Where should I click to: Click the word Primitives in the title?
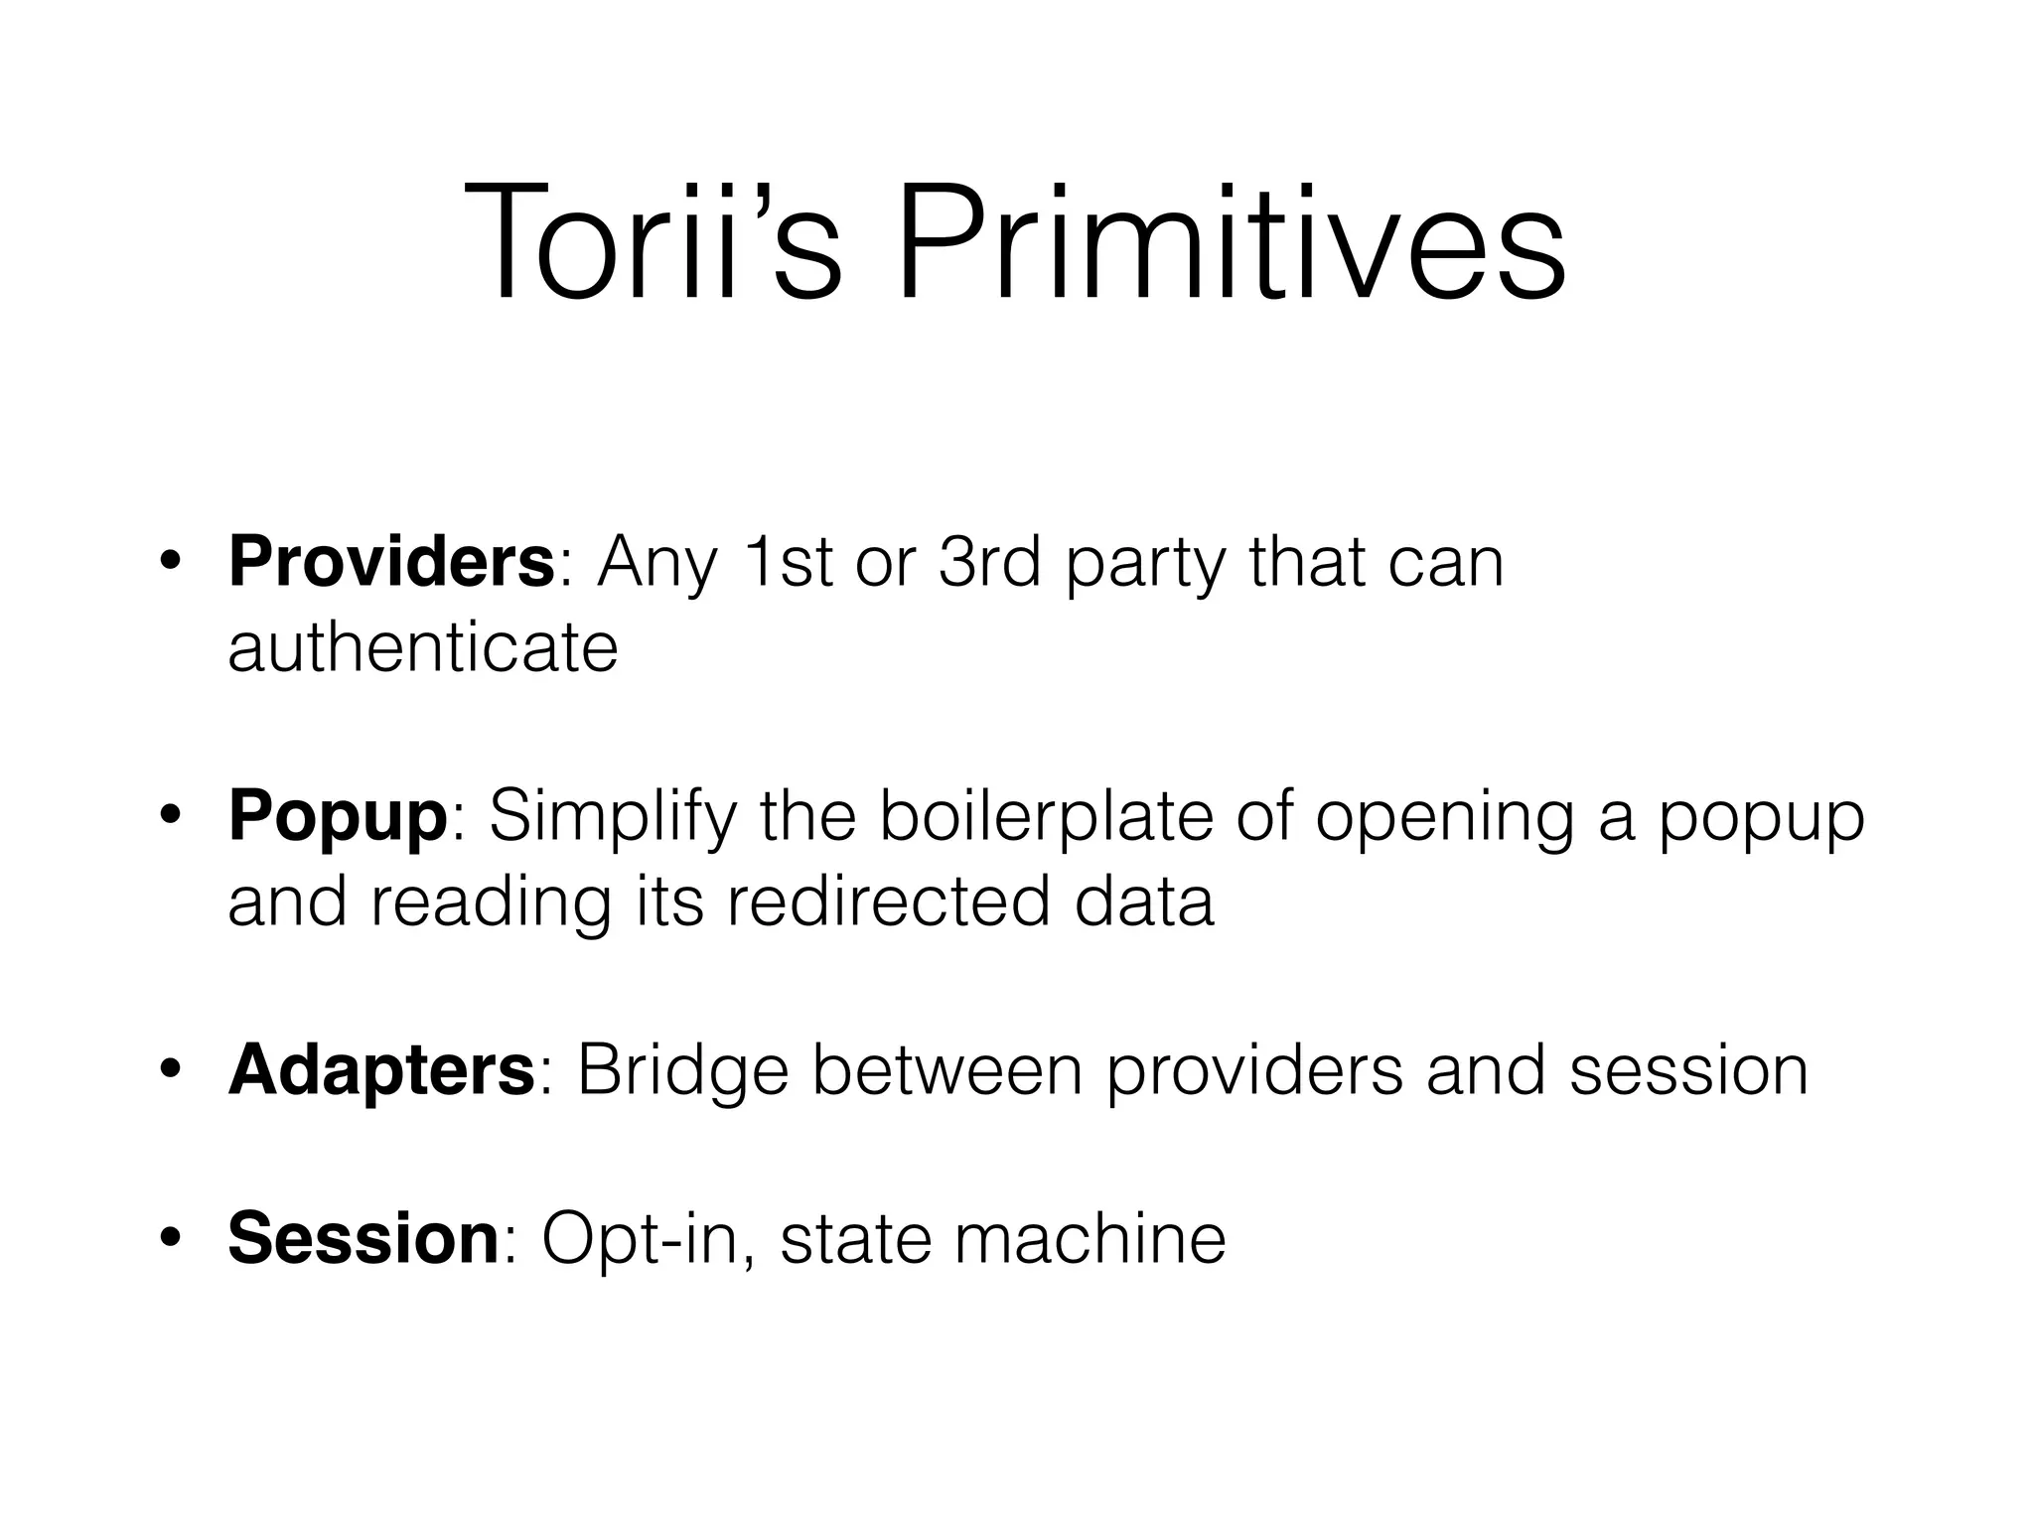pyautogui.click(x=1231, y=244)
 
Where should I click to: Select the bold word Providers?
pyautogui.click(x=390, y=562)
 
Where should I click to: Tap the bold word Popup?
pyautogui.click(x=338, y=816)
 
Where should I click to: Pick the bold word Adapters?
pyautogui.click(x=381, y=1070)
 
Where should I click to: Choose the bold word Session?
pyautogui.click(x=363, y=1238)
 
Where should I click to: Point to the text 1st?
pyautogui.click(x=791, y=562)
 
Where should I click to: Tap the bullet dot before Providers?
pyautogui.click(x=171, y=563)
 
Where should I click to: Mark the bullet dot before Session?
pyautogui.click(x=171, y=1239)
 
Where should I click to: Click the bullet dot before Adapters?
pyautogui.click(x=171, y=1071)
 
